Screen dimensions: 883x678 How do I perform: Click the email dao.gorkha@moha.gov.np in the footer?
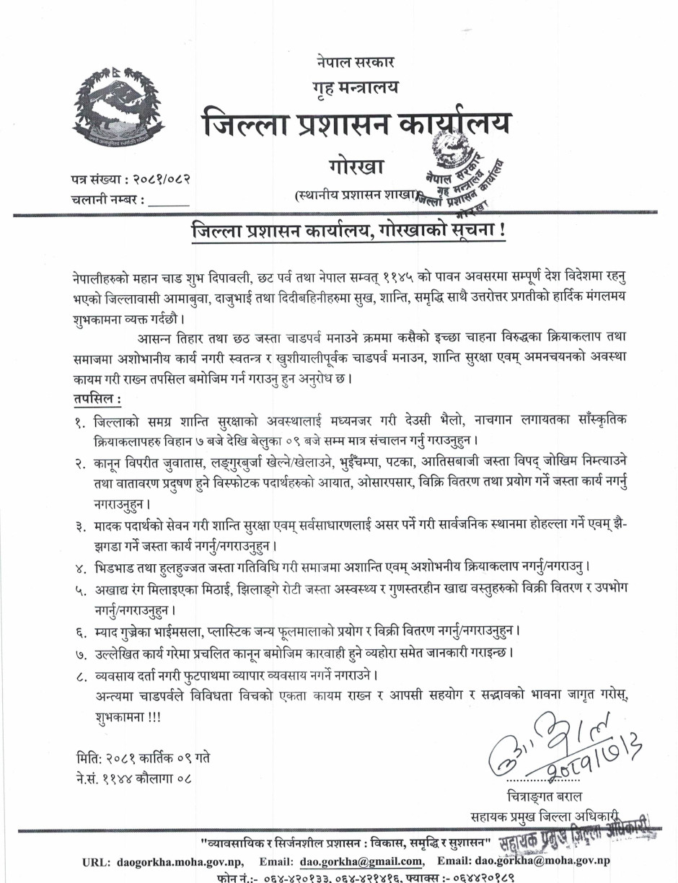tap(542, 861)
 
